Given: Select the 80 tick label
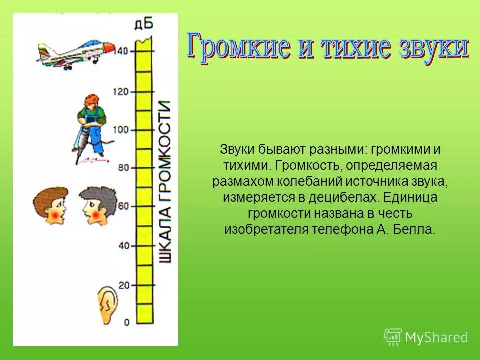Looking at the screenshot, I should point(123,168).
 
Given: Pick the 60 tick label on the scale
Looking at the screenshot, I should point(123,206).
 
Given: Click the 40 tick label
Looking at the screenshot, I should point(123,245).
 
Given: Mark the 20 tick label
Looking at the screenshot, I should point(123,285).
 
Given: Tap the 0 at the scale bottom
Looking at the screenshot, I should point(126,322).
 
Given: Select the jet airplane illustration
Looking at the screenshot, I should point(75,54).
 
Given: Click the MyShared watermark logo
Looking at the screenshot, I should point(426,337).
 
